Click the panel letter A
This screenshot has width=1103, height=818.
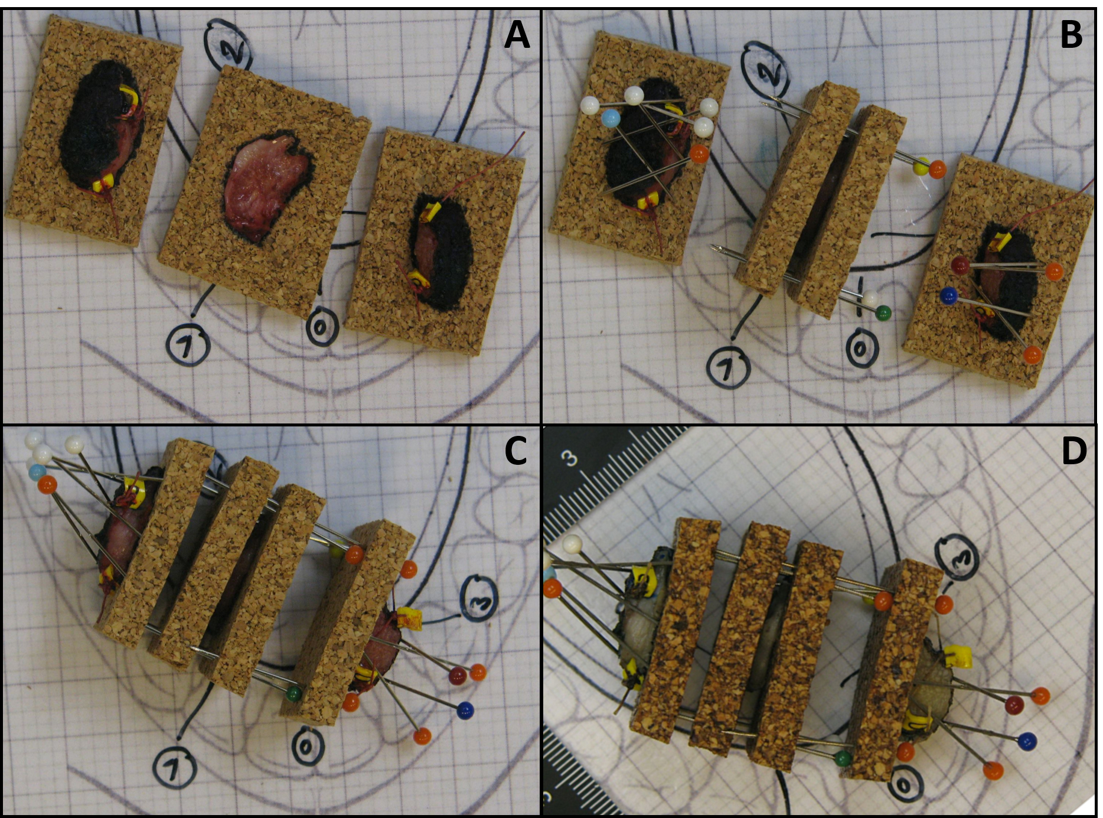click(517, 35)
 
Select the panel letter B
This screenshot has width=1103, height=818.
click(1072, 35)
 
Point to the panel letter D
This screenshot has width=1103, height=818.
click(1074, 452)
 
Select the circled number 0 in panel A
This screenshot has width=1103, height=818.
click(322, 327)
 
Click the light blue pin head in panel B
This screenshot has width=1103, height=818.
click(611, 118)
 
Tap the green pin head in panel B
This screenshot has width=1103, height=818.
click(883, 313)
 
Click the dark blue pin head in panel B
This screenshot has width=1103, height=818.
click(948, 295)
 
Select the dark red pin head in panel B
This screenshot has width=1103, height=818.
click(960, 265)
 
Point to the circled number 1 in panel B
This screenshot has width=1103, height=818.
click(727, 368)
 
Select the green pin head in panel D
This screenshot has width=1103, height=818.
click(844, 758)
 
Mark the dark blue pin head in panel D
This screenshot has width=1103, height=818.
click(1027, 741)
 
